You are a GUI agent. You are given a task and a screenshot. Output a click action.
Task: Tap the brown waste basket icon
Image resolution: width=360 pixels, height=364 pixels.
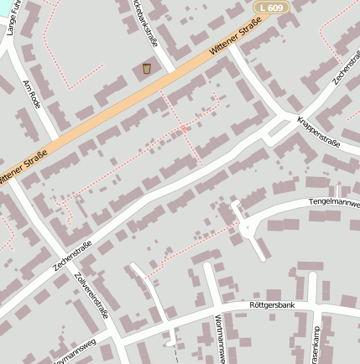pyautogui.click(x=147, y=68)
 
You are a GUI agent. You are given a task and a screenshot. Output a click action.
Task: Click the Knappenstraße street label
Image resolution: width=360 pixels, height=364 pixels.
pyautogui.click(x=319, y=132)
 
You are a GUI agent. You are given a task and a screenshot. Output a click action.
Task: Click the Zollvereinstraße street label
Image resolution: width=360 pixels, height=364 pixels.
pyautogui.click(x=91, y=295)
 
